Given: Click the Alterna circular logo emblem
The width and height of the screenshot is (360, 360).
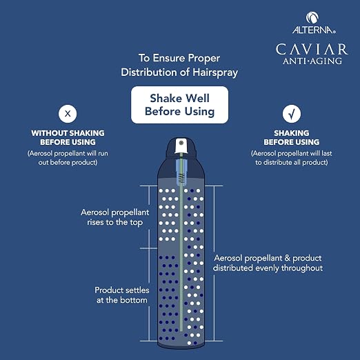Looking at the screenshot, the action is [312, 18].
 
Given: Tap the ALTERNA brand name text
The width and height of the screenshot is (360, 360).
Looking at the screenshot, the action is [314, 30].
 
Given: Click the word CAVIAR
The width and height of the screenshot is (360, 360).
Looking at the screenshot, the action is [312, 49].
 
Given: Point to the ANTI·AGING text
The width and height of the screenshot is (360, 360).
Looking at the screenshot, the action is [312, 61].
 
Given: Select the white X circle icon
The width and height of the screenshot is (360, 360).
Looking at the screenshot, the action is [68, 114].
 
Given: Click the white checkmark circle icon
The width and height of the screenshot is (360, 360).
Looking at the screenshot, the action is [292, 114].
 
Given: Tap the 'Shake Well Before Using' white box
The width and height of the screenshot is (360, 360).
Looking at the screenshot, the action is [179, 105].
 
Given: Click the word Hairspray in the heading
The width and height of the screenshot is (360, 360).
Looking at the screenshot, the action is [215, 72].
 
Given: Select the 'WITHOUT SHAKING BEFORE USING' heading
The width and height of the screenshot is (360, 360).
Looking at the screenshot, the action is [68, 137].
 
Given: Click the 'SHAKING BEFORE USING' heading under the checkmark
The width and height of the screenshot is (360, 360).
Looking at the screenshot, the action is [292, 137].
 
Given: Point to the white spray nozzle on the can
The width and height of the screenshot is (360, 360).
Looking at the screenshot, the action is [181, 146].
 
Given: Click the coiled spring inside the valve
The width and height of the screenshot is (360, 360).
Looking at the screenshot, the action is [181, 179].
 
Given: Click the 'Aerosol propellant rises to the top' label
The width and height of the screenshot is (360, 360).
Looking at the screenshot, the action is [115, 217].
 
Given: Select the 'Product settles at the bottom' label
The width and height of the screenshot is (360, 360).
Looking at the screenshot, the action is [122, 295].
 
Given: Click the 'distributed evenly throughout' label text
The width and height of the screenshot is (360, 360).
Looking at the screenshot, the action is [268, 268].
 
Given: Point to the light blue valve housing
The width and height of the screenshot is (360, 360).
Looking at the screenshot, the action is [181, 172].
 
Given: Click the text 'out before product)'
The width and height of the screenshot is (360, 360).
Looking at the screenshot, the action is [68, 163].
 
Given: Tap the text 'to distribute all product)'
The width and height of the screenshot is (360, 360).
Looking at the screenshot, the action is [292, 163].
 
